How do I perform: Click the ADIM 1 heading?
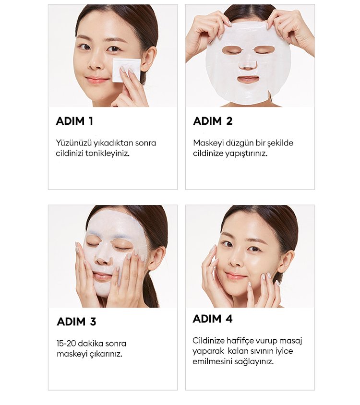pyautogui.click(x=74, y=121)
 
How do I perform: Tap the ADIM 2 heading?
pyautogui.click(x=213, y=121)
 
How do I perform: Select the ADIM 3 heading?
pyautogui.click(x=76, y=322)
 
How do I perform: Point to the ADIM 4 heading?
pyautogui.click(x=213, y=319)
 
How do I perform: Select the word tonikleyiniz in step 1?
pyautogui.click(x=107, y=153)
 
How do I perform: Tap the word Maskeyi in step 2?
pyautogui.click(x=208, y=143)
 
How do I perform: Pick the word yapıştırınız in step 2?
pyautogui.click(x=246, y=154)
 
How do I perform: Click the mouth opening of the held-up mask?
pyautogui.click(x=248, y=79)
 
